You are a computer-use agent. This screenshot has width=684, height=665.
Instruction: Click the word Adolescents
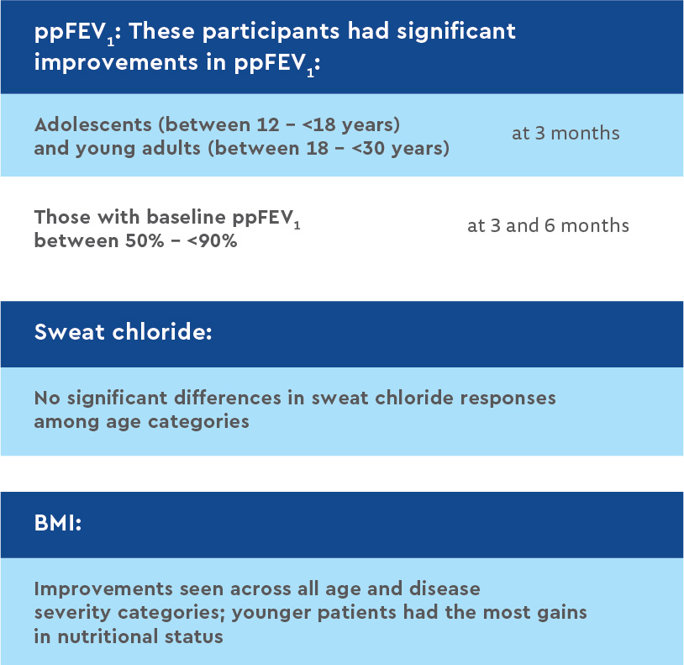(93, 124)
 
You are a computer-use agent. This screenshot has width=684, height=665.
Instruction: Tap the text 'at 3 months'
(566, 133)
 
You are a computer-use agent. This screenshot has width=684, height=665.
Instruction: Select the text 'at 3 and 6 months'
(549, 225)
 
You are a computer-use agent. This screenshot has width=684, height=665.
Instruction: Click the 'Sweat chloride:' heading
(124, 332)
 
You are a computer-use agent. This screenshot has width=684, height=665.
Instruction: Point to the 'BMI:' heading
(58, 522)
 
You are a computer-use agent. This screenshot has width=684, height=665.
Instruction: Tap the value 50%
(145, 241)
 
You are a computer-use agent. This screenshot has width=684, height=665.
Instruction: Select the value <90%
(213, 241)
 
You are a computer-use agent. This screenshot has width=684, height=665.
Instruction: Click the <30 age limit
(368, 148)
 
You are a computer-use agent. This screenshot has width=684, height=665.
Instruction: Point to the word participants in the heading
(271, 32)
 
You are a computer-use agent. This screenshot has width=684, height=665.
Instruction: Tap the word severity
(72, 613)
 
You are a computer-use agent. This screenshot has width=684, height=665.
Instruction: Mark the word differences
(228, 398)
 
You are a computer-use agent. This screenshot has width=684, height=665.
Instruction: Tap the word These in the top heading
(162, 31)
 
